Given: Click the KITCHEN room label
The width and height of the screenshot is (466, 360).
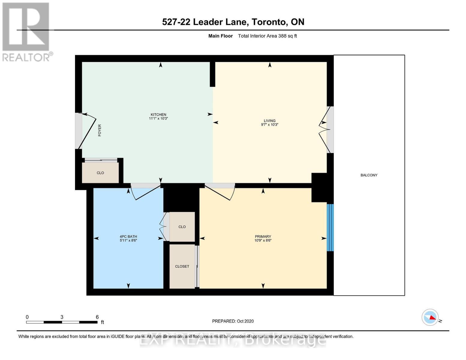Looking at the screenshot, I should coord(158,115).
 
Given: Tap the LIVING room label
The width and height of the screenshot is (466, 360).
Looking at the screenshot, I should coord(269,121).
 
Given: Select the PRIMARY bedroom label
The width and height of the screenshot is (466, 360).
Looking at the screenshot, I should coord(263,236).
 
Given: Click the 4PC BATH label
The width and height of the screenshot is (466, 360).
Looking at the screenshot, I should coord(128,236).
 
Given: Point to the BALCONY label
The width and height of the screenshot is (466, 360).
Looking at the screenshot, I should coord(369,175).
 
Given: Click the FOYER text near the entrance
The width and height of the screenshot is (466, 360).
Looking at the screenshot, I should coord(100,130).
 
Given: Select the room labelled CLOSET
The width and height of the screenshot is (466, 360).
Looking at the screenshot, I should coord(182,266).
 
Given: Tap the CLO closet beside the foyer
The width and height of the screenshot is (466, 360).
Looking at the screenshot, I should coord(100,173).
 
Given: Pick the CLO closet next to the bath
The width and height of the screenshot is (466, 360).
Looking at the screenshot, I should coord(182,227).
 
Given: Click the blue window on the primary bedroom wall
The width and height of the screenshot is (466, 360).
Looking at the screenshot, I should coord(330,227).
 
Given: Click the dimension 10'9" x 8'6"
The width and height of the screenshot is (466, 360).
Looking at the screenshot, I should coord(263,241).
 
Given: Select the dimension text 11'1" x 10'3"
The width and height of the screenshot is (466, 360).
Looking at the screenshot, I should coord(158,118).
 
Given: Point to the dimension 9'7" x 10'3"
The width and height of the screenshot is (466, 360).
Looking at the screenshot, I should coord(269,124).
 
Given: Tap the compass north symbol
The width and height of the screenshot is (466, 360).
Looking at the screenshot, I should coord(430,317).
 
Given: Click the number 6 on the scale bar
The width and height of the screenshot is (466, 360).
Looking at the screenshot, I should coord(97,317).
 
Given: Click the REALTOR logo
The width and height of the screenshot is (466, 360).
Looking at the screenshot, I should coord(26,32).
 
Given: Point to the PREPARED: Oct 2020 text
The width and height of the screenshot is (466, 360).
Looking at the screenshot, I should coord(233,321).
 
